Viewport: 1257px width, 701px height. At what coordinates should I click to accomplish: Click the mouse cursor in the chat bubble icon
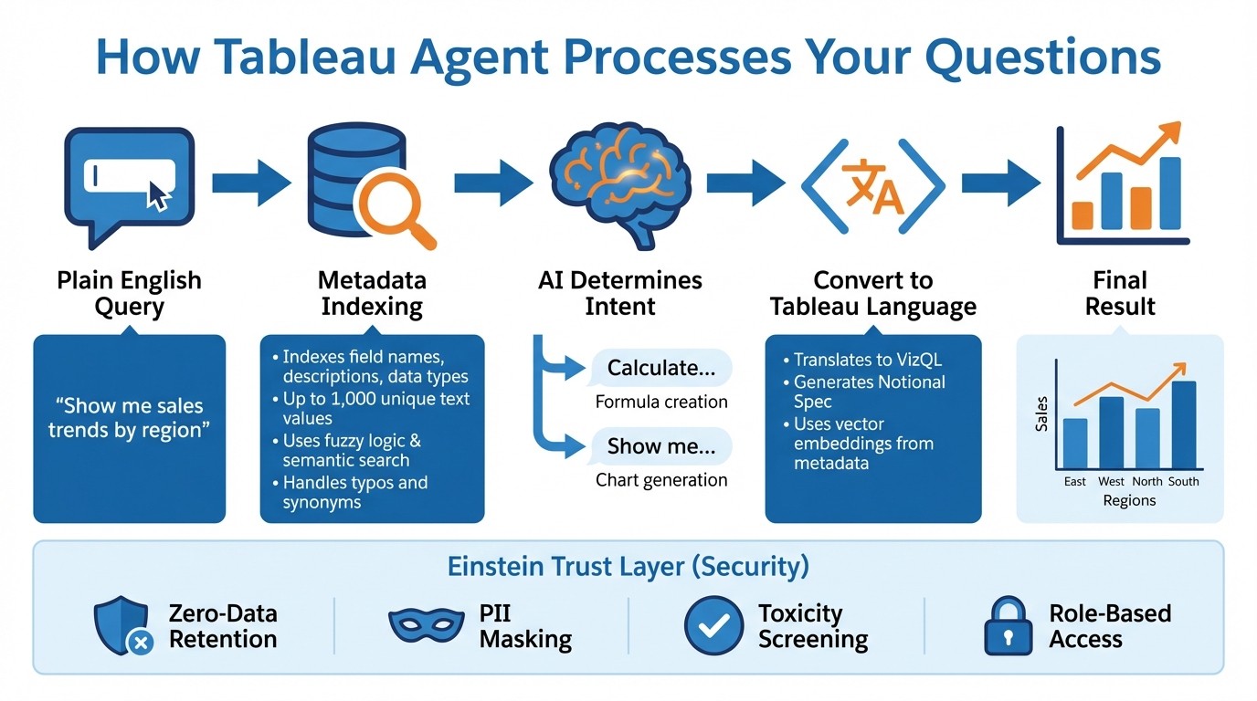point(159,194)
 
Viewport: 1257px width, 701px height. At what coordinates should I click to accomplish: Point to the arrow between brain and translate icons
point(745,183)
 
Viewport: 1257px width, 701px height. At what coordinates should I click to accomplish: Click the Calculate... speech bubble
point(660,368)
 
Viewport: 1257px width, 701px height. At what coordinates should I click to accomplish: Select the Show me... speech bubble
point(660,446)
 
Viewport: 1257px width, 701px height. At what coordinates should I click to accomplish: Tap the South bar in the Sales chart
point(1183,424)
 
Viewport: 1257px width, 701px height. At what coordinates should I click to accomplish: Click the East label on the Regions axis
point(1075,481)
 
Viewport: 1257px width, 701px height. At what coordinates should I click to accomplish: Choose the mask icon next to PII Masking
point(426,625)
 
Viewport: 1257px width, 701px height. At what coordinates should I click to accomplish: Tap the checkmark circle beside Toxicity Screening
point(714,625)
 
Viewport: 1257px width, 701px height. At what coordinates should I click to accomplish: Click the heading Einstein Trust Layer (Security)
point(628,566)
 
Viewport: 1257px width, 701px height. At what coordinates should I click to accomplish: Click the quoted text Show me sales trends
point(128,417)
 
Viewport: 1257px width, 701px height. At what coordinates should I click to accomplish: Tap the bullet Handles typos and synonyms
point(352,492)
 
